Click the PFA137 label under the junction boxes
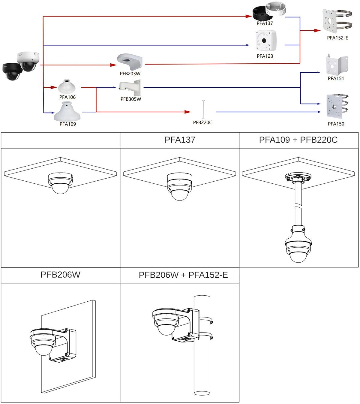[265, 23]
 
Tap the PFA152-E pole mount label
[337, 38]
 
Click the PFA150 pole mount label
[336, 124]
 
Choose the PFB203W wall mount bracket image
[130, 62]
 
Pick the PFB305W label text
[131, 99]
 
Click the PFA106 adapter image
[67, 86]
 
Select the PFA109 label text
[67, 124]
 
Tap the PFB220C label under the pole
[202, 122]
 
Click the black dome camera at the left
[12, 71]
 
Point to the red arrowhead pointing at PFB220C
[188, 112]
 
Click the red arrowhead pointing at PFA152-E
[317, 30]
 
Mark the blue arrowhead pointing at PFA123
[247, 45]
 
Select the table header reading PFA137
[180, 140]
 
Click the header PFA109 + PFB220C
[298, 140]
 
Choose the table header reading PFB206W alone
[60, 275]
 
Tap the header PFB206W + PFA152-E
[183, 275]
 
